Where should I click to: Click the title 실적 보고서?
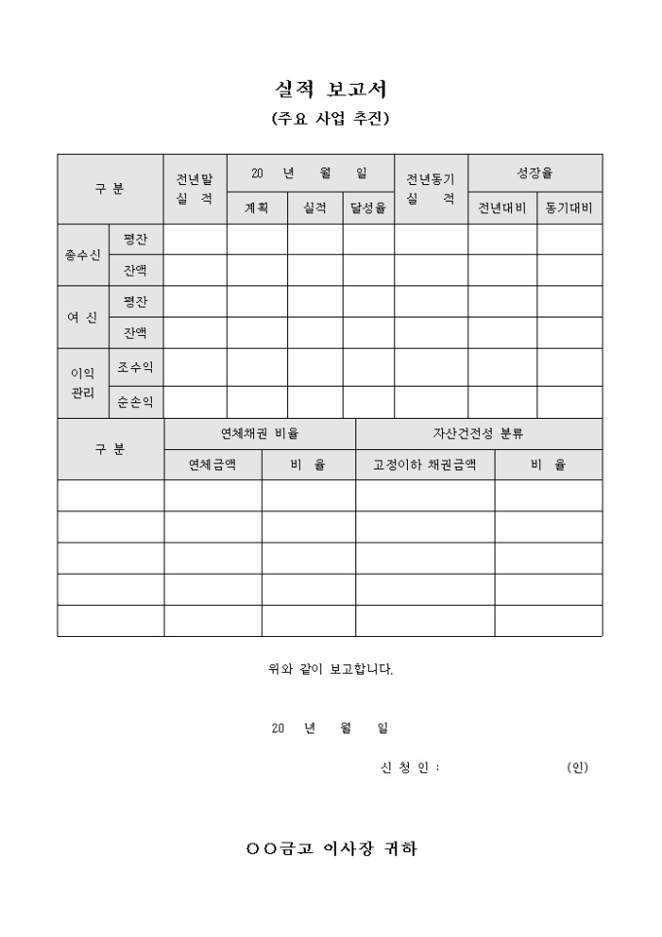pos(331,90)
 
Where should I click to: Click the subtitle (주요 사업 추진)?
pos(331,120)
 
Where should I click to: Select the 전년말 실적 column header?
pos(195,189)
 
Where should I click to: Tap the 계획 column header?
pos(257,207)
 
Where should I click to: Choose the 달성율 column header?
pos(368,207)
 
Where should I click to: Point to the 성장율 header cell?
pos(534,172)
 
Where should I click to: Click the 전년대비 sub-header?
pos(502,207)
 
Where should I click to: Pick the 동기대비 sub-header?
pos(570,207)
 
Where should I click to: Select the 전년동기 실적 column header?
pos(430,189)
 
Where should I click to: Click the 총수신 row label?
pos(83,255)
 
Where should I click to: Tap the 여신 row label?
pos(83,318)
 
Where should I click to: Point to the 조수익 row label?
pos(135,367)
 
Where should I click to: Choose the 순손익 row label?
pos(135,400)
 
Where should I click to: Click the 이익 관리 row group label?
pos(83,383)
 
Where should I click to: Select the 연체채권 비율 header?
pos(260,433)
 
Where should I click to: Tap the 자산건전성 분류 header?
pos(478,433)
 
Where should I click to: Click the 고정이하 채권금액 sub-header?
pos(424,465)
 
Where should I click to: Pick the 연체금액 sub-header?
pos(212,465)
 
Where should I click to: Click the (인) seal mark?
pos(577,768)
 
